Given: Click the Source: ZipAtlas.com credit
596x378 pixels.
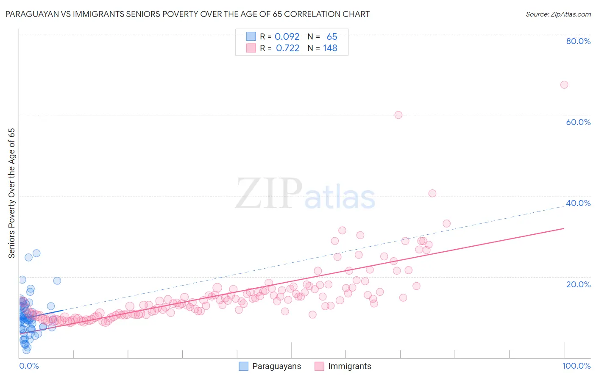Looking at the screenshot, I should pos(558,14).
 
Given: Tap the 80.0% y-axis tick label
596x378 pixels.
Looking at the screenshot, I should pos(578,41).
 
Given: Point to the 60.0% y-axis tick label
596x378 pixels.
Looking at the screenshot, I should pos(578,122).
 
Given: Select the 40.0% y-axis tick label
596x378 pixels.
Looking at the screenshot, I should pos(578,203).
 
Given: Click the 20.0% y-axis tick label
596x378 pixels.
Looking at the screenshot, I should pos(578,284).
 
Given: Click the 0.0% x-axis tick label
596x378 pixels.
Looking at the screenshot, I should pos(29,366).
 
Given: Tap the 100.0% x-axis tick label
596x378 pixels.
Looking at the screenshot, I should pos(576,366).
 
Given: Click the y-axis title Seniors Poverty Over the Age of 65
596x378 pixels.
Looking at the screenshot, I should pos(12,193).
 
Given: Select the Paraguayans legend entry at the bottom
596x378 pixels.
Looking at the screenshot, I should pos(270,366).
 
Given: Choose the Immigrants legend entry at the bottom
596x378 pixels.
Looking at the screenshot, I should pos(343,366).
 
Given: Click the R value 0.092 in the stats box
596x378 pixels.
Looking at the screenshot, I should pos(287,37).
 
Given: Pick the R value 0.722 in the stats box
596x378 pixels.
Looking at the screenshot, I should pos(287,48).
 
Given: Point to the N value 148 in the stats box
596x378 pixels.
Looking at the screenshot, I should pos(330,48).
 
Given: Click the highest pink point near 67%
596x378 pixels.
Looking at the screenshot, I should pos(564,85).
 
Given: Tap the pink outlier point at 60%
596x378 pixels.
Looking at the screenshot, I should pos(398,115).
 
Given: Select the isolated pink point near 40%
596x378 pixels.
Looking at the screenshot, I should pos(432,193).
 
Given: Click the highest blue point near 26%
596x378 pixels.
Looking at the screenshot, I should pos(36,253).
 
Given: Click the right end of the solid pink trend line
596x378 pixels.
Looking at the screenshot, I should pos(564,228).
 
